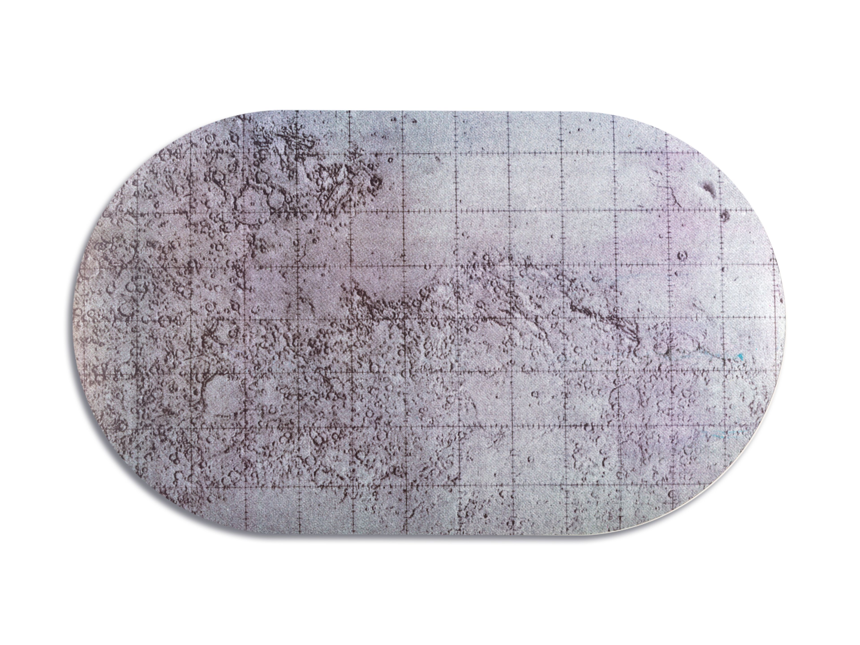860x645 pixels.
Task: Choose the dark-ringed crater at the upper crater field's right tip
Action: click(376, 181)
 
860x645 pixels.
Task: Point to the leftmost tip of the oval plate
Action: click(80, 323)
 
